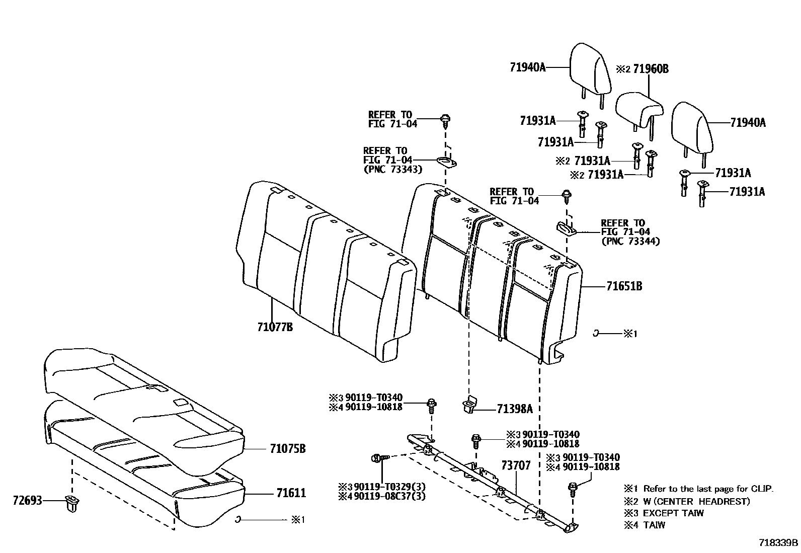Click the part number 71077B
coord(275,328)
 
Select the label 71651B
coord(624,286)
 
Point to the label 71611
coord(291,493)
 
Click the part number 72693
coord(27,501)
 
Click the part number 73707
coord(516,466)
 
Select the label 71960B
coord(651,69)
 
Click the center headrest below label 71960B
coord(638,109)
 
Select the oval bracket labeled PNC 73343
coord(446,162)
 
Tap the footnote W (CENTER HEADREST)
coord(696,501)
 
